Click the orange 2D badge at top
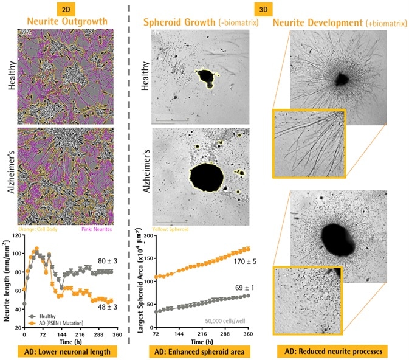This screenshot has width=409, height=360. click(x=65, y=9)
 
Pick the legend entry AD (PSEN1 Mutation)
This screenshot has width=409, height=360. click(x=57, y=322)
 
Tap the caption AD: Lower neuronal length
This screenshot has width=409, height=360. click(x=66, y=351)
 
